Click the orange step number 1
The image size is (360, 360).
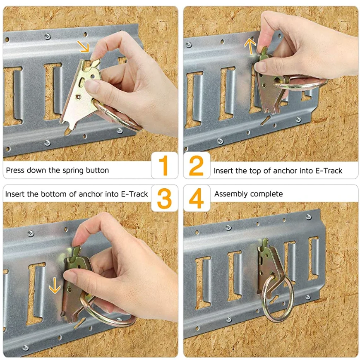point(164,165)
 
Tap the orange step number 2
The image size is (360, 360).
point(197,165)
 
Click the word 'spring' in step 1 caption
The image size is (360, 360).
point(73,170)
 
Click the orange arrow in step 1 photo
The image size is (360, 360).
point(83,46)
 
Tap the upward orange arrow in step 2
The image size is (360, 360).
point(250,46)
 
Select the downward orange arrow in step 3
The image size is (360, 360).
point(55,286)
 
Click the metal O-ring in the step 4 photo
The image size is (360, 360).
point(277,298)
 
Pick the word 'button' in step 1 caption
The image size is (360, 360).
point(97,170)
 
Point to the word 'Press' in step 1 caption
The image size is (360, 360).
point(15,170)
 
